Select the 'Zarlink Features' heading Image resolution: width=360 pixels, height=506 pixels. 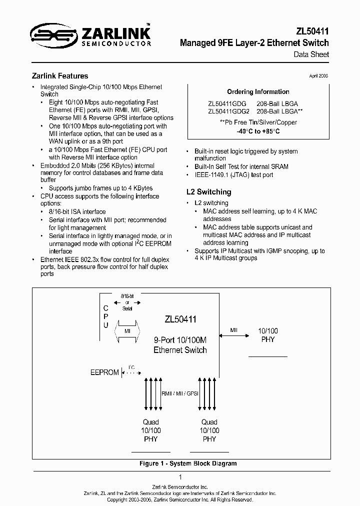[60, 76]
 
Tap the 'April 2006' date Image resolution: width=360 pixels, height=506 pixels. [318, 76]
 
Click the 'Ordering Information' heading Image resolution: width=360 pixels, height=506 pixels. [258, 92]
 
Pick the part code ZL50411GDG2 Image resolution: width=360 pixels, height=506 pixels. [228, 111]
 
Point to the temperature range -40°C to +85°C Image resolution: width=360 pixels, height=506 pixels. [258, 131]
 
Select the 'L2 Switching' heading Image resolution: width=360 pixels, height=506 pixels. [208, 192]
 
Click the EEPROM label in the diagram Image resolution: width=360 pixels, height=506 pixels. [104, 372]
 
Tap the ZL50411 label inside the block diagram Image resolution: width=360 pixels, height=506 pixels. [180, 319]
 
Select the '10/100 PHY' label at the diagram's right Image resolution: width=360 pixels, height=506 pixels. [268, 335]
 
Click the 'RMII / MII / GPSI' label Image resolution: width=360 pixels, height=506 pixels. [180, 393]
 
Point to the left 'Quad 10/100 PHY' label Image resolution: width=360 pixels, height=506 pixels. [150, 430]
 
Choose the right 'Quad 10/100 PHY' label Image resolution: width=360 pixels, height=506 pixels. [209, 430]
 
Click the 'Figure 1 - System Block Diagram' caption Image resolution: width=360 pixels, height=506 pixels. [187, 463]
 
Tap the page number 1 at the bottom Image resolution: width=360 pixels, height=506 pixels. [180, 477]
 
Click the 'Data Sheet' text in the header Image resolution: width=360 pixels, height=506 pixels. [311, 54]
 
